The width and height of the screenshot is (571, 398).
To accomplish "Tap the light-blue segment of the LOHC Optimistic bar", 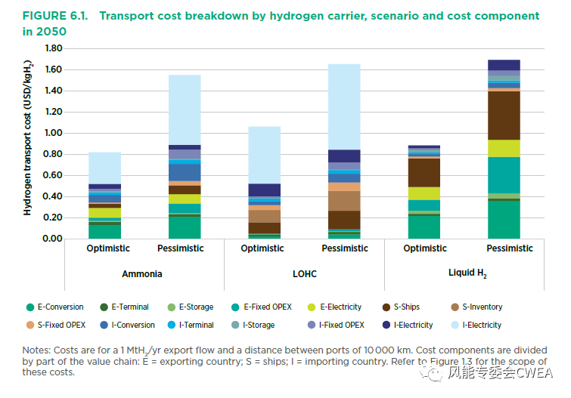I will click(259, 155).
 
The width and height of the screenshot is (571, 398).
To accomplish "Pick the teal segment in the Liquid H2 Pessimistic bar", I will click(504, 174).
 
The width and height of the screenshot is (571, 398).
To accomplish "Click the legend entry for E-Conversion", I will click(56, 307).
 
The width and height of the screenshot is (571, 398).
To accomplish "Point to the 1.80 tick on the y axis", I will click(53, 48).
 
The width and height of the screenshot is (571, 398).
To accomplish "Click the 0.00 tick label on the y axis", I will click(53, 239).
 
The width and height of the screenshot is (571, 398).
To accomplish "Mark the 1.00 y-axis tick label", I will click(53, 133).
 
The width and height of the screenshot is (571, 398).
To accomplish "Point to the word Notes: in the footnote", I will click(38, 350).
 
